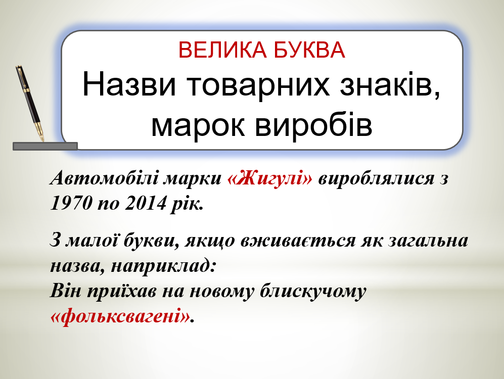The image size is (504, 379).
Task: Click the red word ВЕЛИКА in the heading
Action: pos(222,50)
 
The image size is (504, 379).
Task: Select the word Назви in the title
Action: pos(129,85)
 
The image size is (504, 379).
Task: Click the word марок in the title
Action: pos(198,125)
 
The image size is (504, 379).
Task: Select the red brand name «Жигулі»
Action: pos(269,178)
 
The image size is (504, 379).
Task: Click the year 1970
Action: pos(71,203)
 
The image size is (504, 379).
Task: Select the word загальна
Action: pos(428,241)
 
